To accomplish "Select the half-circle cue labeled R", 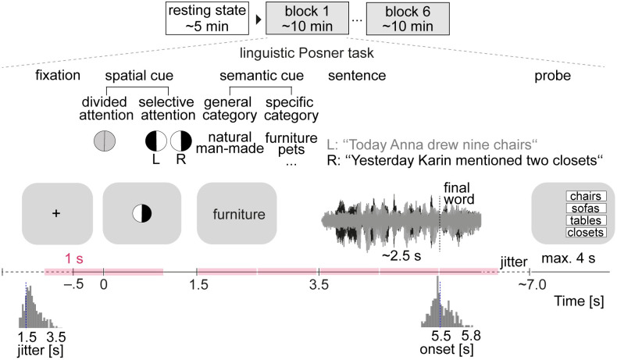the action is pos(182,141).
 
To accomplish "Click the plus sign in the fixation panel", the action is pos(55,212).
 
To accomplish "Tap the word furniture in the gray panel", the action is pos(237,212).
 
